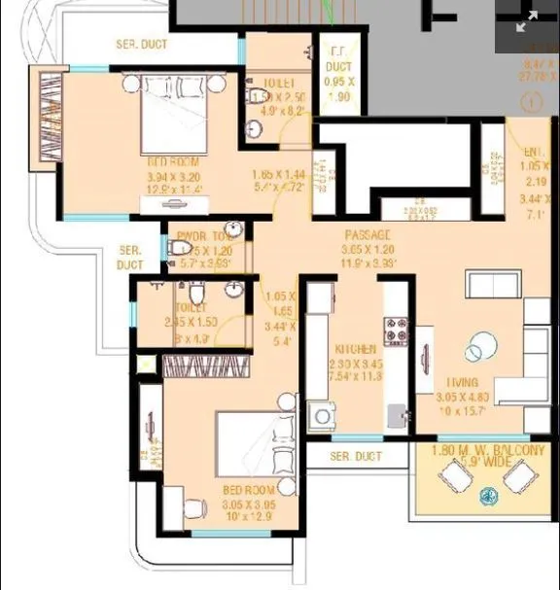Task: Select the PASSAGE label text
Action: point(367,235)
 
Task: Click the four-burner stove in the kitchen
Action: point(396,330)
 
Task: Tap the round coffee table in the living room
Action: point(479,350)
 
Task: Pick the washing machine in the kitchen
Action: point(322,416)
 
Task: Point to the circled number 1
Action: point(531,101)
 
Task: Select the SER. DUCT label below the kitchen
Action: point(355,456)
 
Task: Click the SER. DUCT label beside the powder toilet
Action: point(129,257)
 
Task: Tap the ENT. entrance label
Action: point(532,153)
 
